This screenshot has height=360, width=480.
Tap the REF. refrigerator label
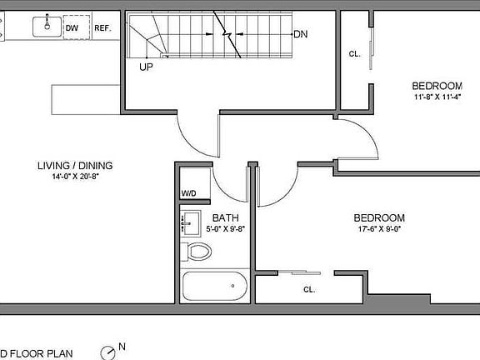click(x=102, y=27)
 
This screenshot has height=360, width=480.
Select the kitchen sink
click(x=46, y=27)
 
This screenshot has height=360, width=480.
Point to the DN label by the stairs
click(x=301, y=34)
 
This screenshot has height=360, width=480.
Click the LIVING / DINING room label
click(x=75, y=165)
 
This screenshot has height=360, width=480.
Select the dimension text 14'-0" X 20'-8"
click(x=75, y=177)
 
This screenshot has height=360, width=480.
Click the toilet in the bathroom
click(x=197, y=250)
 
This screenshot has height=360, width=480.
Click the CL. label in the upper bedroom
click(x=354, y=54)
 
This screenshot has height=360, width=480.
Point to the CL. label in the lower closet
click(x=309, y=290)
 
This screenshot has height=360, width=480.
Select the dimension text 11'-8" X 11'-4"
click(x=437, y=97)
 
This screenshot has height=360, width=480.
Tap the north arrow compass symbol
click(x=108, y=352)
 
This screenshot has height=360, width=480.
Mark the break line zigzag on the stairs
click(x=227, y=34)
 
